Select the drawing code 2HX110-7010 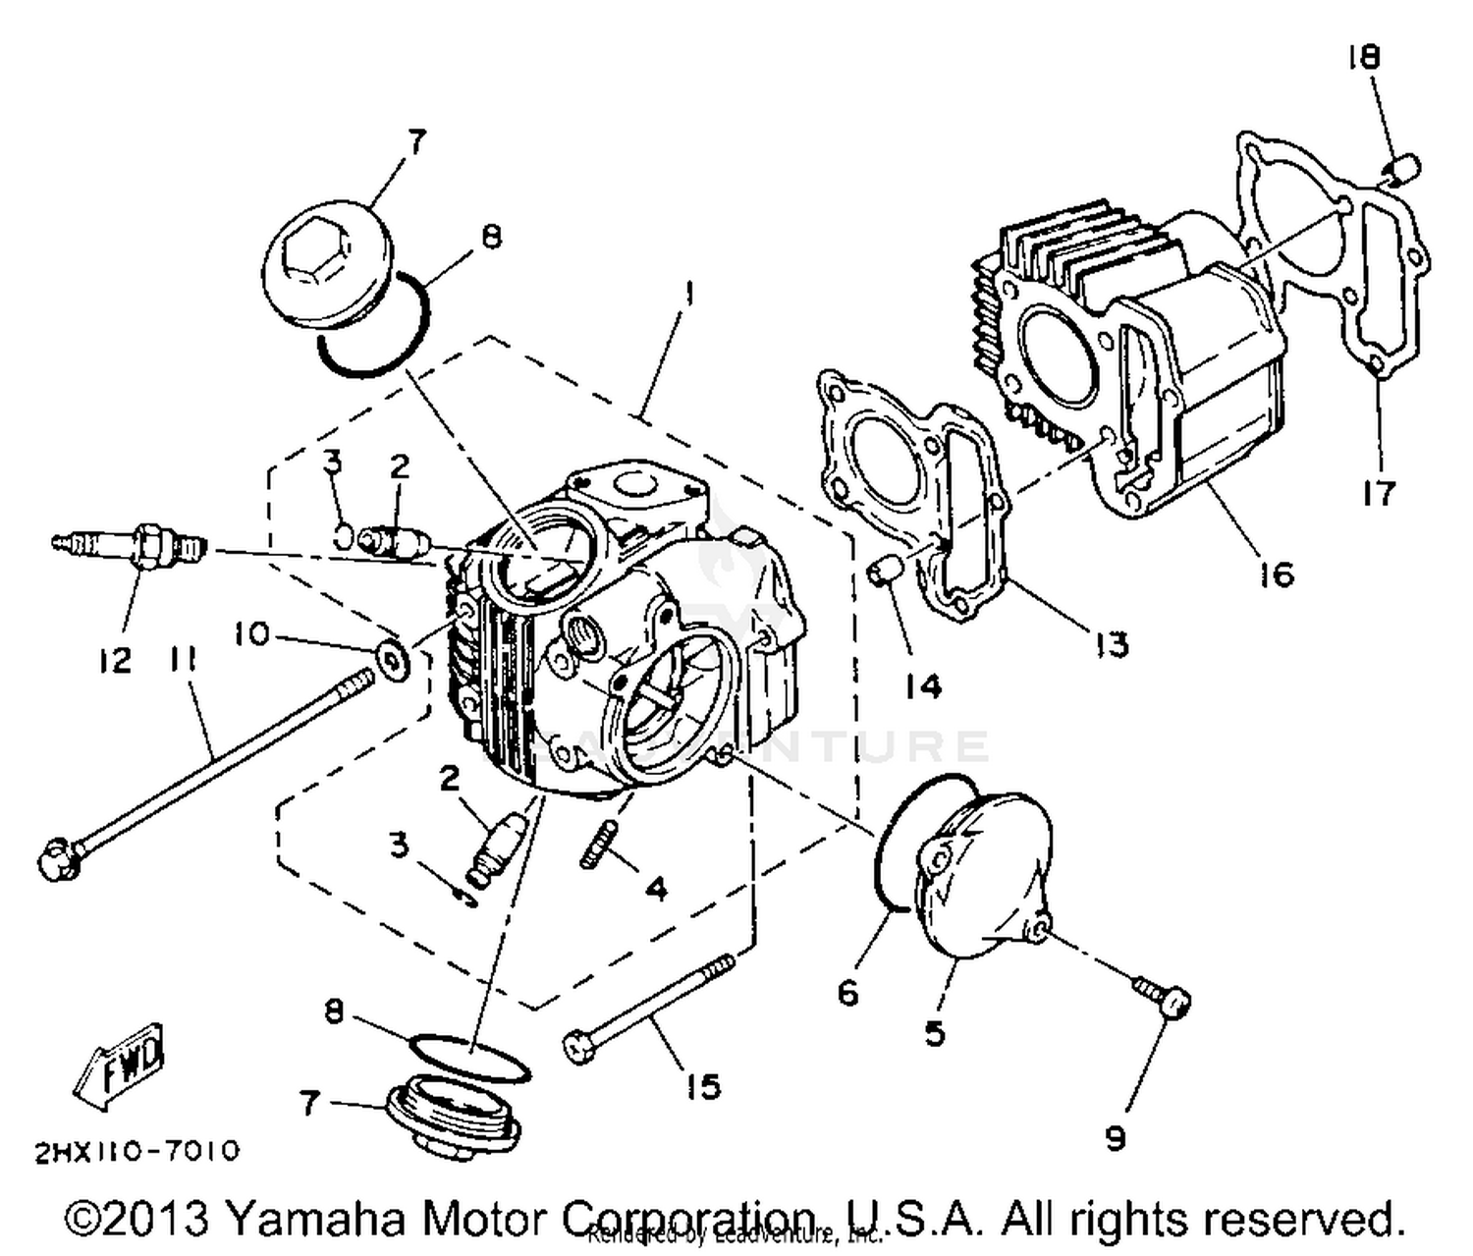136,1151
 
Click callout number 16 1277,573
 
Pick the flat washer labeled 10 396,658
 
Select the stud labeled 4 597,846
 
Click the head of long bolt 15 577,1047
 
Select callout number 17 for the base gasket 1379,492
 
